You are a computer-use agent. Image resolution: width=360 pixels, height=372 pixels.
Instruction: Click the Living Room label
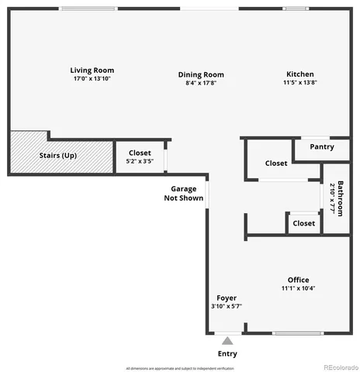pyautogui.click(x=92, y=71)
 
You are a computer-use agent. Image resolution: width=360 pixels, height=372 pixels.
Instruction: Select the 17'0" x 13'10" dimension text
pyautogui.click(x=92, y=79)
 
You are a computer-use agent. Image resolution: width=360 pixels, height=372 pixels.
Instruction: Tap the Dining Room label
pyautogui.click(x=201, y=74)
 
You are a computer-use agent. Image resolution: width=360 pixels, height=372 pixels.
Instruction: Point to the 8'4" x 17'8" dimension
pyautogui.click(x=201, y=83)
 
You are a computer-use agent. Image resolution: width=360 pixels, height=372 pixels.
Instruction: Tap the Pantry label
pyautogui.click(x=322, y=146)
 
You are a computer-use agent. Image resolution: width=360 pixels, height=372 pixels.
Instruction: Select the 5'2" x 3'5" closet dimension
pyautogui.click(x=140, y=162)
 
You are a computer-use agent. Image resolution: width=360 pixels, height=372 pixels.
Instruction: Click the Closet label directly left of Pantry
pyautogui.click(x=276, y=164)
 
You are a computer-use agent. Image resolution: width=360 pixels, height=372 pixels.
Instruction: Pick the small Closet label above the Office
pyautogui.click(x=303, y=223)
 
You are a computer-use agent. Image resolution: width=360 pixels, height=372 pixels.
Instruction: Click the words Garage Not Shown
pyautogui.click(x=185, y=194)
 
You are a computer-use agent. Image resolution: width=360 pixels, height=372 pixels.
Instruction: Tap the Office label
pyautogui.click(x=298, y=280)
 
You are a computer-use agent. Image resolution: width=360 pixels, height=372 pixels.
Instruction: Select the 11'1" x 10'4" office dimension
pyautogui.click(x=298, y=288)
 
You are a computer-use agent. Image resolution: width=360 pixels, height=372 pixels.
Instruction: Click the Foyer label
pyautogui.click(x=227, y=298)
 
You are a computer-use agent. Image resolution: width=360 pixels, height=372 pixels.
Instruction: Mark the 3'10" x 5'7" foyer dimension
pyautogui.click(x=227, y=306)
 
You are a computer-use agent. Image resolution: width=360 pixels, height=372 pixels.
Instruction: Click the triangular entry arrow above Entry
pyautogui.click(x=227, y=340)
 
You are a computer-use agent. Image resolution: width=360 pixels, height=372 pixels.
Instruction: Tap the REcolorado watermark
pyautogui.click(x=341, y=367)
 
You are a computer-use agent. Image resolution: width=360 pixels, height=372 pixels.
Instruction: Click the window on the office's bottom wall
pyautogui.click(x=298, y=334)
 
